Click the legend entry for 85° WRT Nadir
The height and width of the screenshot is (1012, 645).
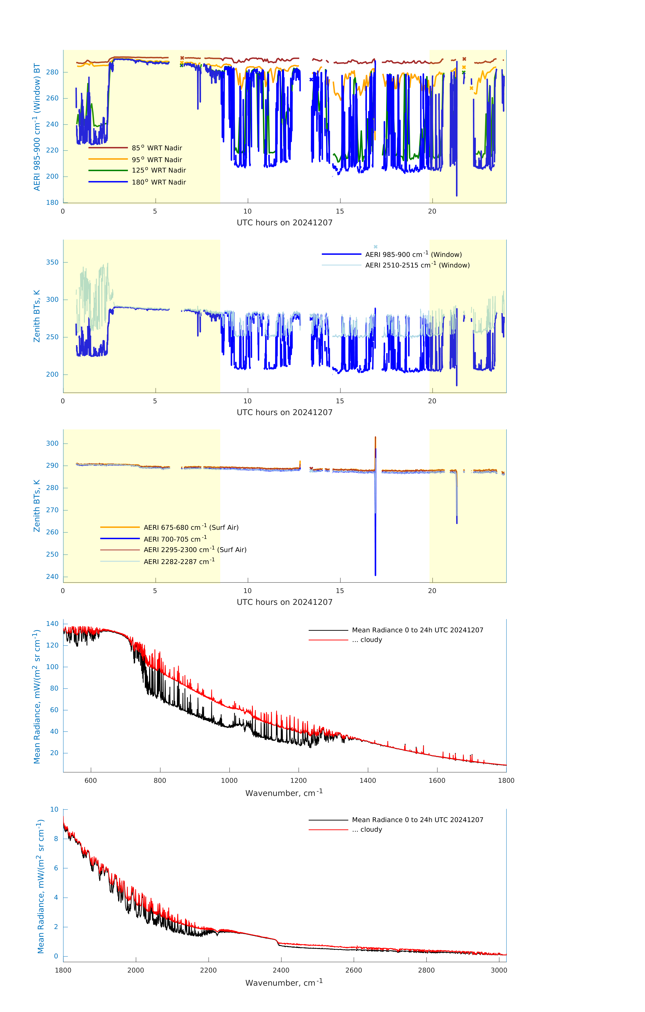[x=157, y=148]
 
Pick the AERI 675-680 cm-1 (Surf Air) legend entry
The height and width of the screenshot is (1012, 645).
[x=191, y=527]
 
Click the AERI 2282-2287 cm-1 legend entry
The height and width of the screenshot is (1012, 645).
[x=179, y=561]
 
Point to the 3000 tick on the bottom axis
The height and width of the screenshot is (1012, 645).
[x=499, y=970]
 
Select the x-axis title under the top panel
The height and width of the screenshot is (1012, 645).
[x=284, y=223]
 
